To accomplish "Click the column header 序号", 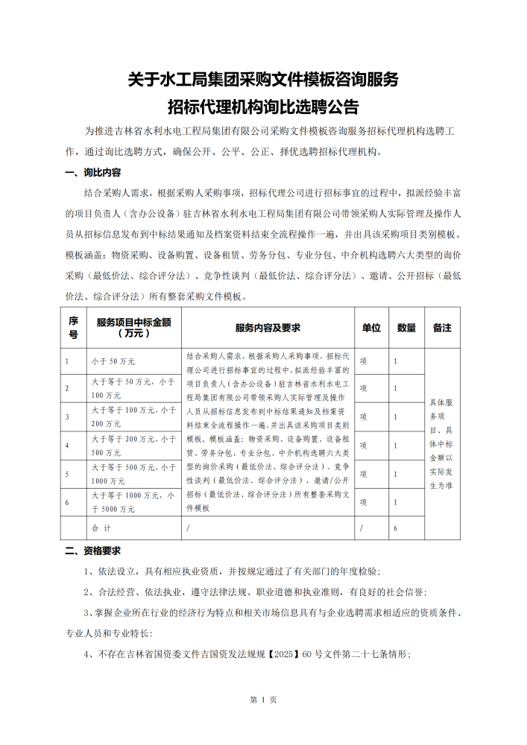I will (x=74, y=328).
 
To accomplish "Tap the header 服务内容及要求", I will (x=268, y=328).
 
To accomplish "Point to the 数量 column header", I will (x=406, y=328).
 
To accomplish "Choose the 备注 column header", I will (x=442, y=328).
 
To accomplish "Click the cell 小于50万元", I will (x=113, y=361).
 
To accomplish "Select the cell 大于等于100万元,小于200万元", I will (x=133, y=416).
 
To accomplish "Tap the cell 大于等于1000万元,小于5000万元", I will (x=133, y=502).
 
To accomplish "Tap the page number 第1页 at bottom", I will (x=263, y=700).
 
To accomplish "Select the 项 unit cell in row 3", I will (x=364, y=416).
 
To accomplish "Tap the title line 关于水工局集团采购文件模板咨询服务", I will (x=263, y=77).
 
